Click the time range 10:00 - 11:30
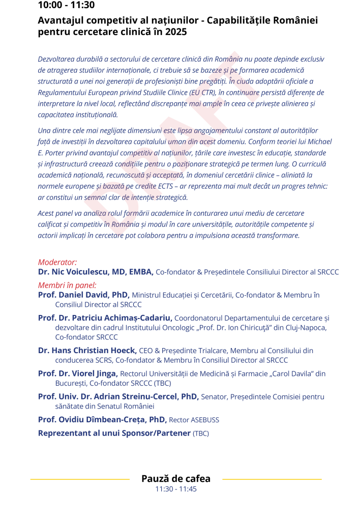tap(66, 6)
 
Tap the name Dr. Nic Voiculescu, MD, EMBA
tap(96, 272)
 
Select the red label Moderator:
tap(57, 263)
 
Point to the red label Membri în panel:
tap(67, 285)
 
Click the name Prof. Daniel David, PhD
tap(84, 295)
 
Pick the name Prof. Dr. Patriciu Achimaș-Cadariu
tap(105, 318)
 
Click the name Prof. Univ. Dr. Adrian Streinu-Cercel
tap(118, 396)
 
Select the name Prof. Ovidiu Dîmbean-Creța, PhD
tap(102, 420)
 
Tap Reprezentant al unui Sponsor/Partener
tap(114, 433)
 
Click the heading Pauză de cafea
tap(176, 479)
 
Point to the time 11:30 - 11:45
tap(176, 489)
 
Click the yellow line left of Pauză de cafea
tap(80, 479)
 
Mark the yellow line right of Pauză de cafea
tap(272, 479)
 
